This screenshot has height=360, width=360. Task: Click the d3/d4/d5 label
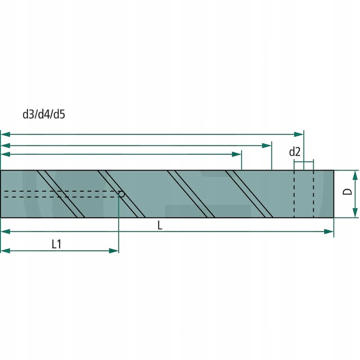44,115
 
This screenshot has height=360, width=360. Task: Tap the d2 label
295,152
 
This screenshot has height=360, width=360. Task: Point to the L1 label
57,244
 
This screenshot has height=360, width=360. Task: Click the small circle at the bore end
121,194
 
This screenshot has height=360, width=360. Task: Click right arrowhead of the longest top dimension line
300,134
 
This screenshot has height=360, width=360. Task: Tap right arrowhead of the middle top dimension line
268,145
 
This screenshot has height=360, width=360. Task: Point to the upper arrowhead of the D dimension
355,175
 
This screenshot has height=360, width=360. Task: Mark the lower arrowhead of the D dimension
355,213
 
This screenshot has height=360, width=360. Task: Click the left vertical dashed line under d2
294,193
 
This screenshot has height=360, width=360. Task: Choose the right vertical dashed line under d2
313,193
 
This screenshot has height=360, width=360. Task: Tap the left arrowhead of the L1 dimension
4,250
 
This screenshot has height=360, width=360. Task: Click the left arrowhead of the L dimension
4,231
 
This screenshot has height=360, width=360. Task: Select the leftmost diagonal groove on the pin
61,194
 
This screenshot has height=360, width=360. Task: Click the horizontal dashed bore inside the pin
58,194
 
